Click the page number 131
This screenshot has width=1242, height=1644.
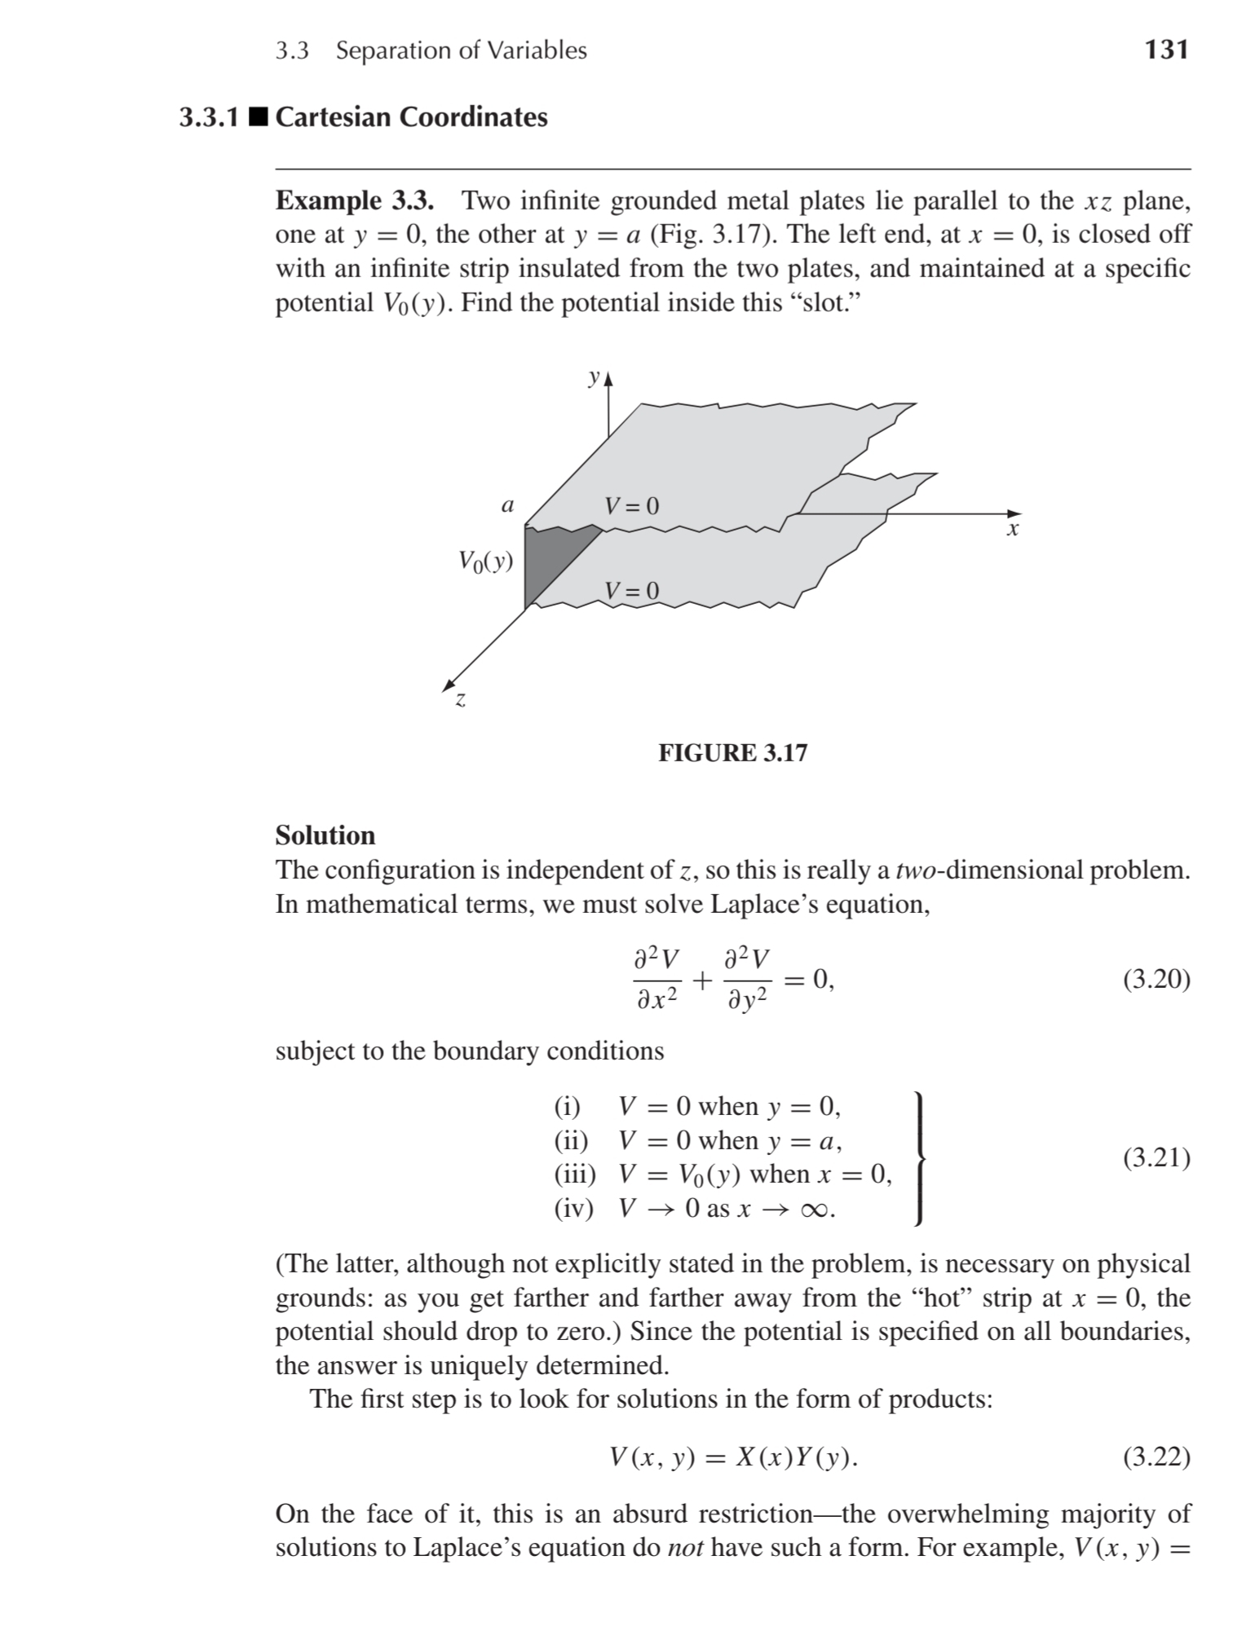coord(1166,50)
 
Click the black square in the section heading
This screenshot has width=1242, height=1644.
coord(259,117)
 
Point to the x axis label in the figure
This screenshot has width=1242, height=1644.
coord(1012,531)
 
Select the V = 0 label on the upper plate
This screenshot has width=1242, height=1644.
coord(631,506)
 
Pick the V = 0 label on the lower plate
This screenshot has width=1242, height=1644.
coord(631,590)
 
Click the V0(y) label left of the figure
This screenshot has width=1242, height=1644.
coord(485,561)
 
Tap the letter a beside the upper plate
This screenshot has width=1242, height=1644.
coord(507,506)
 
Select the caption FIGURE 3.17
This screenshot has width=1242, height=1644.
coord(732,752)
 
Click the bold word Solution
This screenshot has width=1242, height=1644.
coord(325,835)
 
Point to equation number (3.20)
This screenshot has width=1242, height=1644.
coord(1156,979)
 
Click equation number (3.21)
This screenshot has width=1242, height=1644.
coord(1156,1157)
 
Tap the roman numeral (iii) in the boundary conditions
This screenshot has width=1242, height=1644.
coord(574,1174)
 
